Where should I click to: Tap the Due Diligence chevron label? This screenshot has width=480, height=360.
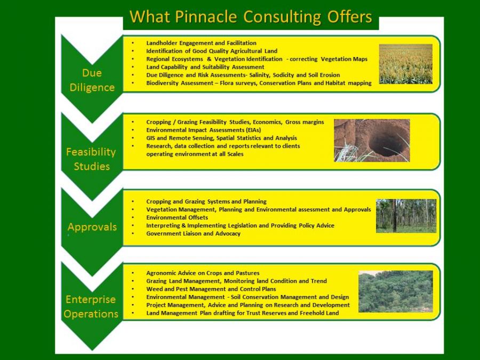[92, 80]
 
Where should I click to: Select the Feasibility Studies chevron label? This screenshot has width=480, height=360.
[91, 159]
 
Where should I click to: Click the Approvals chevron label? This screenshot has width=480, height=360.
[92, 227]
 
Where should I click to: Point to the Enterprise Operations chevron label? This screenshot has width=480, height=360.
[91, 307]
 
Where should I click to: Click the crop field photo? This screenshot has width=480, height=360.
[406, 63]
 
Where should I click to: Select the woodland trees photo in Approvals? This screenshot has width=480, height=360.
[406, 216]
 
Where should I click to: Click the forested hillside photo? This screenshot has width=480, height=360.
[396, 291]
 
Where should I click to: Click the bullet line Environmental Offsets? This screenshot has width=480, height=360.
[177, 218]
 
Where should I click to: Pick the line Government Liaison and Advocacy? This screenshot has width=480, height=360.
[193, 234]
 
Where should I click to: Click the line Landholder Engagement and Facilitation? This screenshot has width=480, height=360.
[201, 43]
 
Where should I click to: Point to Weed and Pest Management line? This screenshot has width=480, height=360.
[211, 289]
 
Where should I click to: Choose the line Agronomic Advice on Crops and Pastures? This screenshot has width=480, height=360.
[203, 273]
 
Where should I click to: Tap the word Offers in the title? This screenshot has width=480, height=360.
[349, 17]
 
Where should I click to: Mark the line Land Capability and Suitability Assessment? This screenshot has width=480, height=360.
[205, 67]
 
